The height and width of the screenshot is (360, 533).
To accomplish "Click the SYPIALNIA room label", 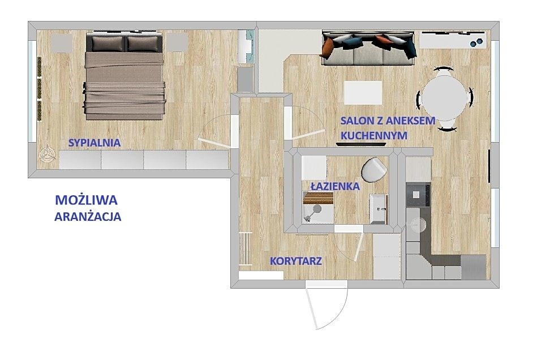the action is coord(94,143).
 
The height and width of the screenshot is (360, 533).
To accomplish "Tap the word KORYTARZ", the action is coord(296,261).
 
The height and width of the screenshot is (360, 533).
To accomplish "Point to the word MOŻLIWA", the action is coord(87,200).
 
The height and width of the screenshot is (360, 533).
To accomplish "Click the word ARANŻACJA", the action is coord(88,216).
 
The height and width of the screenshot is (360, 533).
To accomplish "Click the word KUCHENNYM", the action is coord(374,135).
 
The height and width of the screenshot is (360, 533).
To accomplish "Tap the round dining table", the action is coord(445,97).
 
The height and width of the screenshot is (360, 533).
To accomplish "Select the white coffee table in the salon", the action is coord(363,92).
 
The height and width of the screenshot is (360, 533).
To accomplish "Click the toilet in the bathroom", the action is coord(373,169).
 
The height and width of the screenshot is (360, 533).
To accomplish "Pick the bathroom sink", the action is coord(379,209).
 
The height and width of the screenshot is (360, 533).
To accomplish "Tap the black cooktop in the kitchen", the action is coord(418,195).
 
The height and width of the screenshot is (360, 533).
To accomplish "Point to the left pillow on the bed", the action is coord(108,44).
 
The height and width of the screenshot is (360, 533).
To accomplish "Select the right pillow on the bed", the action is coord(143,44).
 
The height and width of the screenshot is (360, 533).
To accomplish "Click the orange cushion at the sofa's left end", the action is coord(328,48).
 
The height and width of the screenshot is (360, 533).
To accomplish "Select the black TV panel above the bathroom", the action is coord(361,144).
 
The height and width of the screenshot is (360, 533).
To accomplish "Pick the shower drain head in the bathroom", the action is coord(317,209).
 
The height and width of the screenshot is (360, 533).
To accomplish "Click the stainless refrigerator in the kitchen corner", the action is coord(473,267).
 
